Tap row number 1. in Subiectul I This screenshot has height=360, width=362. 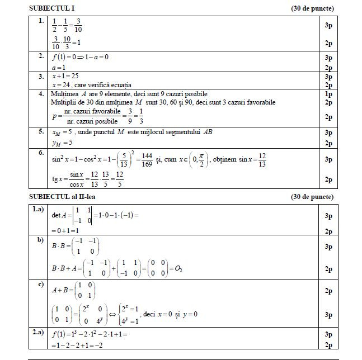coord(41,21)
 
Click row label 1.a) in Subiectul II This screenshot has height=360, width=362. coord(38,209)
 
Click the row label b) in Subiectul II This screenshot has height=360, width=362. coord(40,240)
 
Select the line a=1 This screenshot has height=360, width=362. coord(60,67)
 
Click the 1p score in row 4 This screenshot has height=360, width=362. coord(328,94)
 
